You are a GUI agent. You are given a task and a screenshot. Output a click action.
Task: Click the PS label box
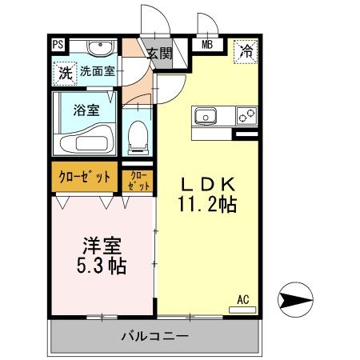(58, 46)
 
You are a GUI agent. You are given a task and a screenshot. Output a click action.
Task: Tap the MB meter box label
(206, 46)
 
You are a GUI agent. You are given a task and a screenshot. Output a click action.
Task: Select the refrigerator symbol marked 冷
(246, 51)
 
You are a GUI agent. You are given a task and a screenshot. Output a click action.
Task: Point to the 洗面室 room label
(97, 72)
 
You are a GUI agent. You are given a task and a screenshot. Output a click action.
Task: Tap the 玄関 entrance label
(160, 54)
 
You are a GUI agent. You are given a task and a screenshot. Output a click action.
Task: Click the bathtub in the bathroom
(86, 139)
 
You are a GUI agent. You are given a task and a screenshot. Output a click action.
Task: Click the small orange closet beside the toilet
(137, 178)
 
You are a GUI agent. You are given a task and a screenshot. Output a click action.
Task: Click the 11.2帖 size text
(206, 205)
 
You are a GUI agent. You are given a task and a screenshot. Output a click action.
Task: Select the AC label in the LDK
(243, 300)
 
